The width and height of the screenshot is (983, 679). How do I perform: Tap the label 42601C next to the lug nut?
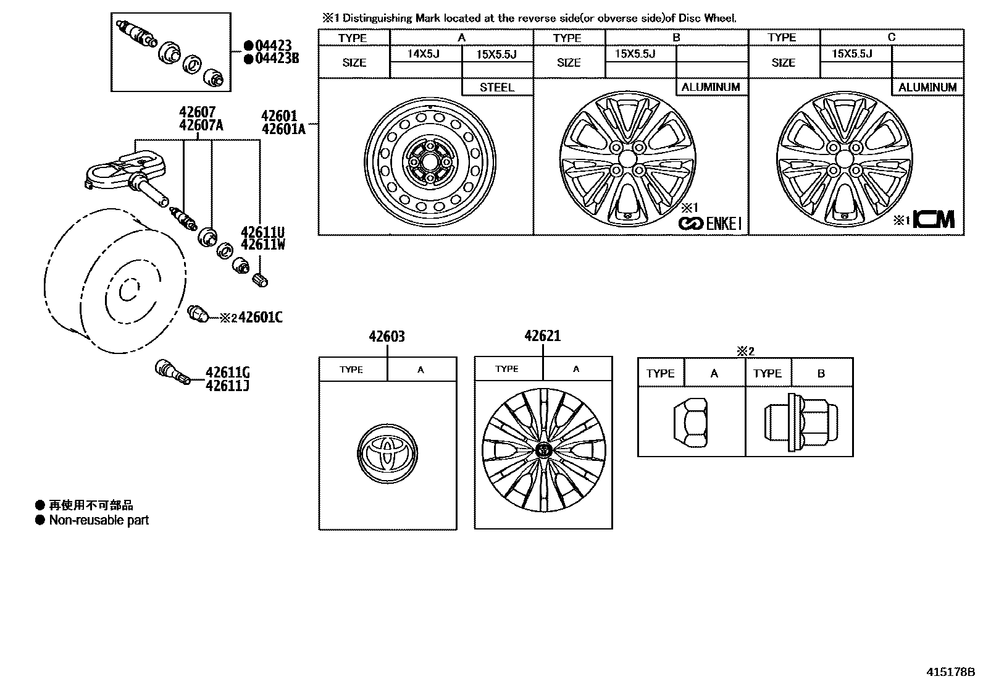261,318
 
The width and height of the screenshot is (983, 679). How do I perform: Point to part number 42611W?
262,245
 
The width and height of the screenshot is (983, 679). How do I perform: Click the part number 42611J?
227,386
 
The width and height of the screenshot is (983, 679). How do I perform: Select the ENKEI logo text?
722,224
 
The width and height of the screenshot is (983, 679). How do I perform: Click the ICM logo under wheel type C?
934,219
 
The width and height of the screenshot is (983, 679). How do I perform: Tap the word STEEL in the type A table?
497,87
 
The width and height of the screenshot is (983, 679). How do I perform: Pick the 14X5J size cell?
423,54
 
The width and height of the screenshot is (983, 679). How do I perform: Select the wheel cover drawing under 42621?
543,450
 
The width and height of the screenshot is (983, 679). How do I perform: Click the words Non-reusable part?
99,520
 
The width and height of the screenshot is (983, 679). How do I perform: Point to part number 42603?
387,337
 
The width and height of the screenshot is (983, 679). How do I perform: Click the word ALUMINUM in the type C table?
927,87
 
